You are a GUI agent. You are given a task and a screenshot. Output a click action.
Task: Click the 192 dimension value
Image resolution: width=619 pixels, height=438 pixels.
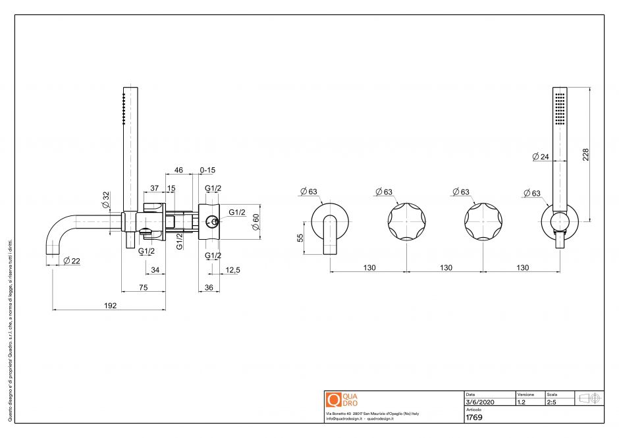pyautogui.click(x=110, y=305)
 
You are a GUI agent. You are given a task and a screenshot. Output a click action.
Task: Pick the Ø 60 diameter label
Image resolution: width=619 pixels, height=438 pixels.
pyautogui.click(x=256, y=222)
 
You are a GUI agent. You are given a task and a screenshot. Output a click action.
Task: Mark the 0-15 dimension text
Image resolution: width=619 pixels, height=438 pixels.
pyautogui.click(x=207, y=170)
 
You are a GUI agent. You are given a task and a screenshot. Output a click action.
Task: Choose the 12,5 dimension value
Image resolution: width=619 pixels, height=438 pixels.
pyautogui.click(x=232, y=269)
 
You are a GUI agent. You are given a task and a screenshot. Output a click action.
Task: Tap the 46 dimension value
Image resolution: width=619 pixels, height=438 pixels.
pyautogui.click(x=178, y=170)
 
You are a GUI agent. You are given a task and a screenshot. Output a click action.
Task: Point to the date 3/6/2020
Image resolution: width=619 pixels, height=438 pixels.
pyautogui.click(x=479, y=402)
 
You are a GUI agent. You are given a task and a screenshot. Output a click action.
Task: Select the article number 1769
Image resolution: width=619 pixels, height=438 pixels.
pyautogui.click(x=474, y=418)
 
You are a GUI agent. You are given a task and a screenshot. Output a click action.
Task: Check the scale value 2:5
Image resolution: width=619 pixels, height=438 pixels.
pyautogui.click(x=552, y=402)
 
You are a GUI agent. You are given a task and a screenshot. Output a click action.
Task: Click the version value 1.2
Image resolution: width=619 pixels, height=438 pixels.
pyautogui.click(x=522, y=402)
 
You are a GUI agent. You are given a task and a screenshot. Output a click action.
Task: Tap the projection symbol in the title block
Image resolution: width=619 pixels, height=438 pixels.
pyautogui.click(x=589, y=398)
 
